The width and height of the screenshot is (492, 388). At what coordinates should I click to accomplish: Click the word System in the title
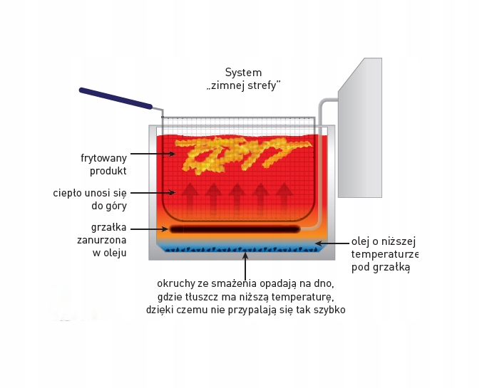[x=243, y=73]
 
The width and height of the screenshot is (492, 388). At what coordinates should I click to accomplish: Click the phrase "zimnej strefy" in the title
[x=243, y=85]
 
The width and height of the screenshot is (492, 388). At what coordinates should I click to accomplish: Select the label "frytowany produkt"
[x=103, y=164]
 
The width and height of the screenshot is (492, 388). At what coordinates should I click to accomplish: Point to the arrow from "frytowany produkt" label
[x=153, y=154]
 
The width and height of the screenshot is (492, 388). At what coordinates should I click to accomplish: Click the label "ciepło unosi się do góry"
[x=90, y=199]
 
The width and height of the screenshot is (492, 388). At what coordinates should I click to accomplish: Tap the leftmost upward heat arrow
[x=190, y=196]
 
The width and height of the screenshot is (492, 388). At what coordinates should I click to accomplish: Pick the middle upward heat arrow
[x=237, y=196]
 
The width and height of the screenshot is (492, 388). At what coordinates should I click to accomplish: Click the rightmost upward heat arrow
[x=284, y=196]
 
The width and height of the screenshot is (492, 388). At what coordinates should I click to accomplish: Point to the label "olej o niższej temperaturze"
[x=384, y=254]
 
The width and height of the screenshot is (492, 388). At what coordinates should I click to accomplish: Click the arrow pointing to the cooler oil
[x=331, y=243]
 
